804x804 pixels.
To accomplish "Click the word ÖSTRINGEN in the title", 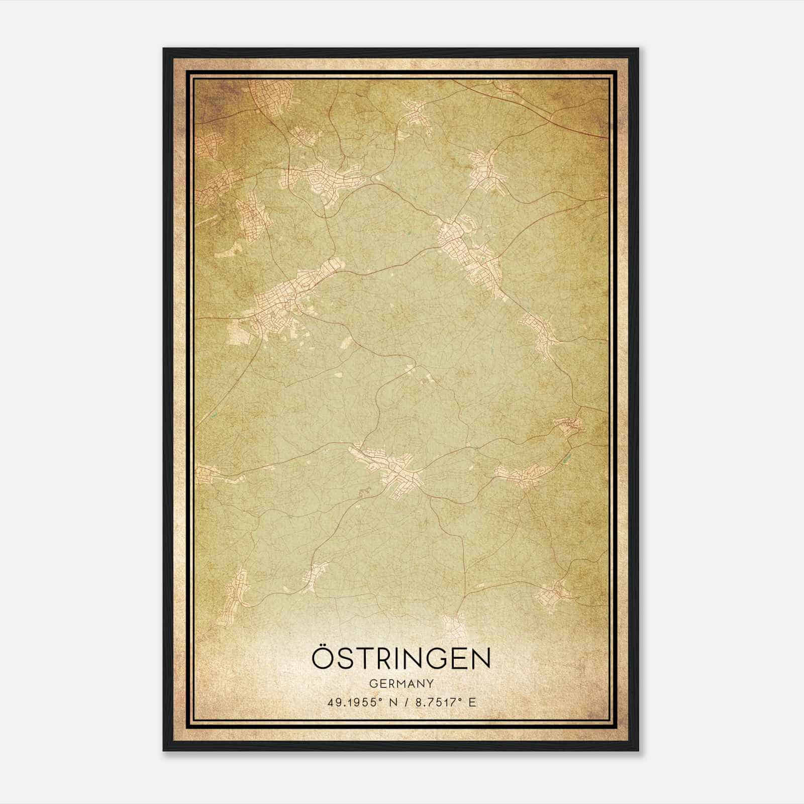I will (x=401, y=659).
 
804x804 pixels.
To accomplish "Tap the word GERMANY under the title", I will (x=401, y=684).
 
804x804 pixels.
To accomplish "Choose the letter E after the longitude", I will (x=472, y=702).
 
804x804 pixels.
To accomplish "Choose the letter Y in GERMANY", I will (x=430, y=684).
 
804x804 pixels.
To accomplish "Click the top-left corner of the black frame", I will (x=164, y=49).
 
